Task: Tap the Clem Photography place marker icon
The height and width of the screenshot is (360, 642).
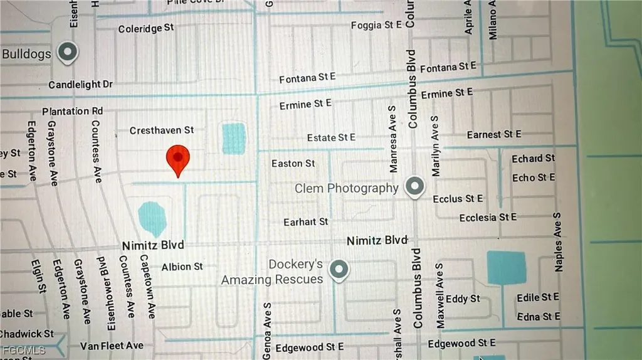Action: point(414,186)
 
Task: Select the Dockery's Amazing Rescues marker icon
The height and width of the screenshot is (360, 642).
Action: point(339,270)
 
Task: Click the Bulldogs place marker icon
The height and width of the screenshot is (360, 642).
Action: point(68,53)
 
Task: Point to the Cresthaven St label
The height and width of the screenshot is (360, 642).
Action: point(162,130)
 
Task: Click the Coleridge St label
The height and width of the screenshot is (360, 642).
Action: point(146,28)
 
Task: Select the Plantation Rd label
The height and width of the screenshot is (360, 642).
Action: point(72,111)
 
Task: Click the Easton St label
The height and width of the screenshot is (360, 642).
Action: point(293,164)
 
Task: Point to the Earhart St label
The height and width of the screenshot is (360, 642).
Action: point(305,221)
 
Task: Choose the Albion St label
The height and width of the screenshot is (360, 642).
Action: point(182,267)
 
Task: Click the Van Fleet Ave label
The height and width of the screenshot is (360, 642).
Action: point(112,346)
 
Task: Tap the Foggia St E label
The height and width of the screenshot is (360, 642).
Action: point(376,25)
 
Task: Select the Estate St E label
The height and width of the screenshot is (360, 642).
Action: point(331,137)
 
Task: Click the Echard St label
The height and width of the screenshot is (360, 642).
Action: point(533,159)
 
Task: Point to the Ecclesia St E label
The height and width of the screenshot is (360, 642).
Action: point(488,217)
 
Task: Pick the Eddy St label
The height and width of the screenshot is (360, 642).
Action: point(463,299)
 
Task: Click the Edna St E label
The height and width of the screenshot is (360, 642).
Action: point(538,317)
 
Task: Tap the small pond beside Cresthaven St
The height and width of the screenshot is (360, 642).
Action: point(234,139)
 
